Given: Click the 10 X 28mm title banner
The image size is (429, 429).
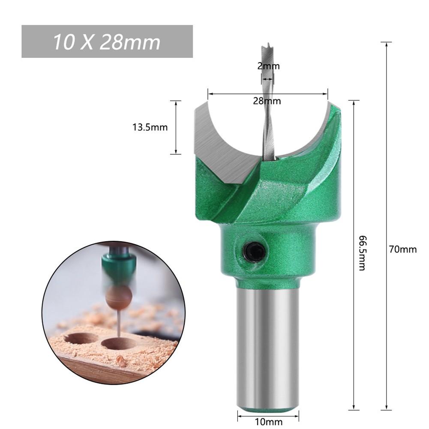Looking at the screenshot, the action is click(107, 42).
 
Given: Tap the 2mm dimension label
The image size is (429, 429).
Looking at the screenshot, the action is click(268, 66).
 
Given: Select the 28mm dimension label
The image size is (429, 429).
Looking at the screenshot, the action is click(267, 101).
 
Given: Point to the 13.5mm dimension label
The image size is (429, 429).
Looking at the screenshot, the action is click(150, 127).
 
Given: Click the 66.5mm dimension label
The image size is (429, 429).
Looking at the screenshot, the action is click(362, 253).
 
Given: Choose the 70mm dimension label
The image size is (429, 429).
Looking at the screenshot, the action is click(403, 249).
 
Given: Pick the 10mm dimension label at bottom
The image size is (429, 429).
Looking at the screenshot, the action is click(268, 422).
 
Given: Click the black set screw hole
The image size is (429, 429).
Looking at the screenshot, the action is click(253, 249).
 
